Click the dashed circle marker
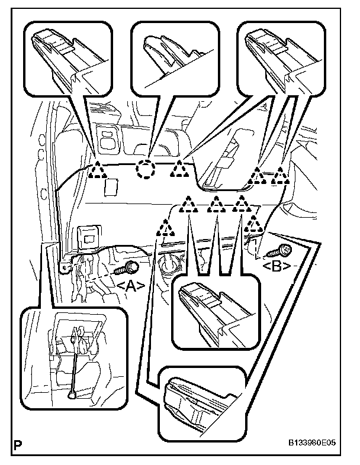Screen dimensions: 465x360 click(144, 170)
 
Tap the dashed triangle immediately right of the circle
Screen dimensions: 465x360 click(179, 170)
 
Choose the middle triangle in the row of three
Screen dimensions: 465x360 click(216, 205)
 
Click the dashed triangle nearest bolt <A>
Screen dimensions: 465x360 click(164, 227)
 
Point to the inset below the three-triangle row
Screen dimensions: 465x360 click(216, 313)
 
